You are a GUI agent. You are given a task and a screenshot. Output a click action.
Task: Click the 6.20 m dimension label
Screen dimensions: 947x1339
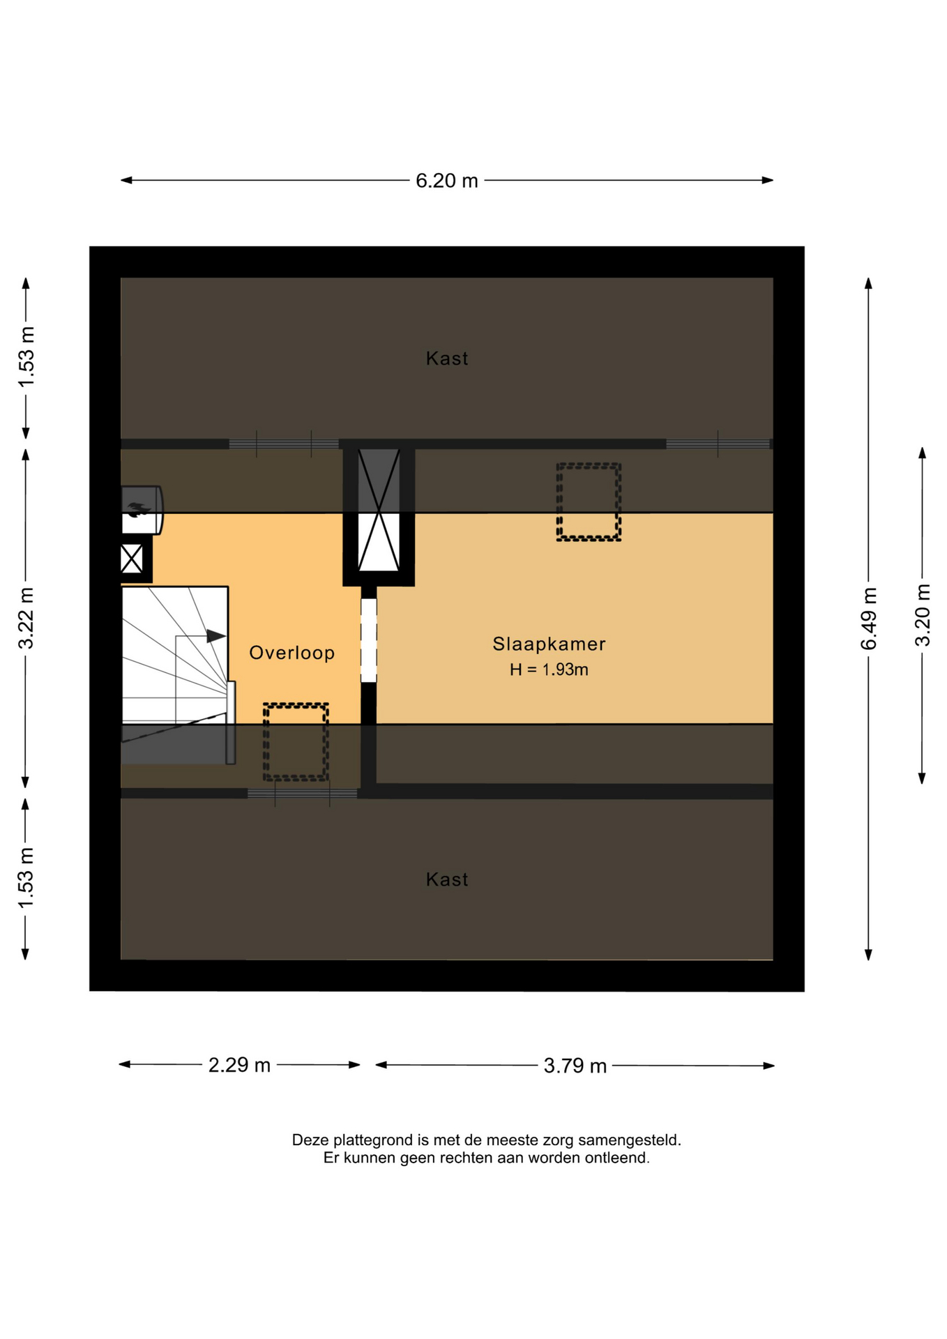(446, 181)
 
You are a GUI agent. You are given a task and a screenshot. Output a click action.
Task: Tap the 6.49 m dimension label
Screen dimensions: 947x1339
(868, 619)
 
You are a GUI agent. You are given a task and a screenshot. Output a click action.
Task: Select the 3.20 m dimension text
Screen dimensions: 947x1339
(922, 615)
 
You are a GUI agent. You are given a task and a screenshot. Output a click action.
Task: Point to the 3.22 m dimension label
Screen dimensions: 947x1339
(26, 618)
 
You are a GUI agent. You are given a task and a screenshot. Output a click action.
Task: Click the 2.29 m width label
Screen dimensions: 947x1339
(239, 1065)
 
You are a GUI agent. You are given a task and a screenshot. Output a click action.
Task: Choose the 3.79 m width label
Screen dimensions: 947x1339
(575, 1066)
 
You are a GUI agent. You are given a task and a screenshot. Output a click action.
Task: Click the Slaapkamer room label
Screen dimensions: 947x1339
(549, 644)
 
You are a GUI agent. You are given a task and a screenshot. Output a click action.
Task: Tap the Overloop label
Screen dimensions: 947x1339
(292, 653)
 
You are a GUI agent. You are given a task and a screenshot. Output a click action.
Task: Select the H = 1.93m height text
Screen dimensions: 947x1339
(549, 669)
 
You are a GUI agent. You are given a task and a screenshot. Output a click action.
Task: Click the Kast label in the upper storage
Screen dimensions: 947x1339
(447, 358)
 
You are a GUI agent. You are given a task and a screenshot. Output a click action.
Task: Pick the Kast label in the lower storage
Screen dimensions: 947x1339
(447, 879)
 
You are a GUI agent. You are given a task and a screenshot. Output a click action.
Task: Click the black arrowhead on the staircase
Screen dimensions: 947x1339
(216, 636)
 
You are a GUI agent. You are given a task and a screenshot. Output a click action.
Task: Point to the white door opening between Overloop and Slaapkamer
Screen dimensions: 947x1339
(369, 640)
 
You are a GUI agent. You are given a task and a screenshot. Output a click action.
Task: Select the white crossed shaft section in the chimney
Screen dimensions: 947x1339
(379, 542)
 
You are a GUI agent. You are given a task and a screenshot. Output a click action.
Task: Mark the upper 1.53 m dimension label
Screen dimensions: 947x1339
(26, 358)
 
